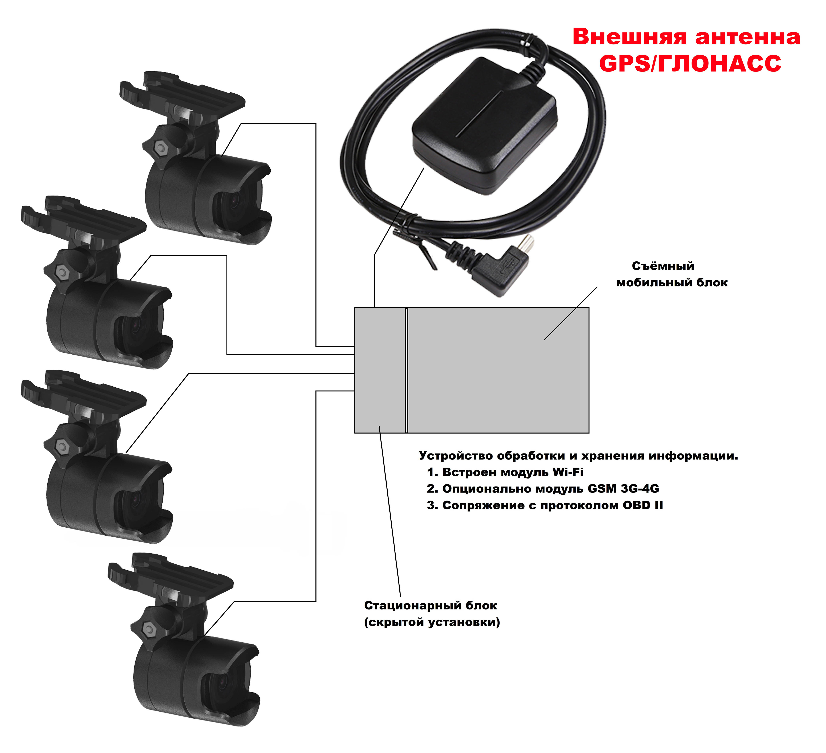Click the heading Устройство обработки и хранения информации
578,456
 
